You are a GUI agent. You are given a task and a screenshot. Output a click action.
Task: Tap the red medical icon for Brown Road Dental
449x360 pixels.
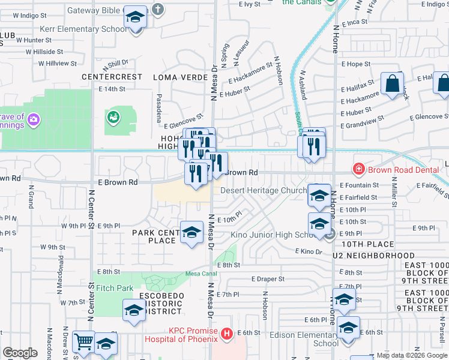tap(359, 169)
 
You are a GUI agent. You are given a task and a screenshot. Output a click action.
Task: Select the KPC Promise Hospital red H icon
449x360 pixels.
tap(226, 333)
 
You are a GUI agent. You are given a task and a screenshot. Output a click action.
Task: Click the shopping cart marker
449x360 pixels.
tap(83, 342)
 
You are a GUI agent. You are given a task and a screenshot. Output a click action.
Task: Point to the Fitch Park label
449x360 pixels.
tap(115, 288)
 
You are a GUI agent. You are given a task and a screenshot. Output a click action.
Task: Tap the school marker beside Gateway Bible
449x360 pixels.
tap(136, 19)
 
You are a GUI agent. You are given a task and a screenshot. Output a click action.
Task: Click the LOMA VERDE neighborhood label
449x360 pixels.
tap(178, 77)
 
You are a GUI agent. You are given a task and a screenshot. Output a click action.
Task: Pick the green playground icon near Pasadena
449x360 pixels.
tap(112, 118)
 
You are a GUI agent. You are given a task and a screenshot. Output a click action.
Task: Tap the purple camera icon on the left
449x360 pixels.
tap(33, 121)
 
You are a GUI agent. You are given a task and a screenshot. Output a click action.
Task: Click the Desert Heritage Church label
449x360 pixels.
tap(264, 190)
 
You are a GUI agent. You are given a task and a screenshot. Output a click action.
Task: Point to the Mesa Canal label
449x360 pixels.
tap(200, 274)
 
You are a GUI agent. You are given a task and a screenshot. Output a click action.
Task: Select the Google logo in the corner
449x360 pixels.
tap(20, 353)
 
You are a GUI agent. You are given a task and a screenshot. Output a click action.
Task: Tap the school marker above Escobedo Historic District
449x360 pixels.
tap(134, 310)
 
